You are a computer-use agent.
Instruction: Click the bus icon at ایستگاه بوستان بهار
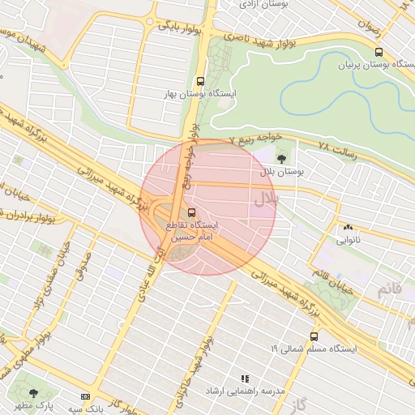pos(200,81)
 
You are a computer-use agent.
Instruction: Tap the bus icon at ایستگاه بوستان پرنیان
pos(379,52)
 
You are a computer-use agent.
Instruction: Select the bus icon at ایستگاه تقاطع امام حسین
pos(192,212)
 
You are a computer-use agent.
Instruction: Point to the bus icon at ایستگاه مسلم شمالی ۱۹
pos(313,336)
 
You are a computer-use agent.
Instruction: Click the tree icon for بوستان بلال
pos(281,159)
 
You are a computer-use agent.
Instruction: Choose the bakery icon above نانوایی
pos(349,229)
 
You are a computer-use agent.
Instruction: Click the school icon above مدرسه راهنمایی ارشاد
pos(245,379)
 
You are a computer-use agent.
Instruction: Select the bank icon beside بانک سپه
pos(86,396)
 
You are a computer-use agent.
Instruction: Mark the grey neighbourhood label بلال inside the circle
pos(266,197)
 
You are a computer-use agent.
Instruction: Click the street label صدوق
pos(83,265)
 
